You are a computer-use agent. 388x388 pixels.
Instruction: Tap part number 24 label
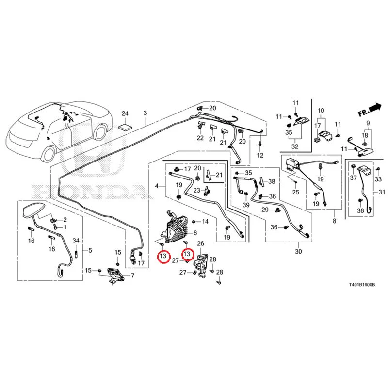point(125,113)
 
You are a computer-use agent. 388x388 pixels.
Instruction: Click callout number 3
point(145,113)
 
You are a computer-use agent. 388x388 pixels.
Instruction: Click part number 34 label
point(76,240)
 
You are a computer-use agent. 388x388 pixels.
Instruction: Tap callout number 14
point(205,221)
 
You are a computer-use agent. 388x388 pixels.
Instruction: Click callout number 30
point(298,251)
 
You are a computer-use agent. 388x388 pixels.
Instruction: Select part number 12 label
point(260,155)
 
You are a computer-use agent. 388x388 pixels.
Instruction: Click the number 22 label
point(200,138)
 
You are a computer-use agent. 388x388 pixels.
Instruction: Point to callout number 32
point(295,146)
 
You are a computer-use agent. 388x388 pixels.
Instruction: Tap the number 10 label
point(321,111)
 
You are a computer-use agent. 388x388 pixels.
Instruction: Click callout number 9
point(368,123)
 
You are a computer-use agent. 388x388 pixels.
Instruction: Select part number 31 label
point(382,192)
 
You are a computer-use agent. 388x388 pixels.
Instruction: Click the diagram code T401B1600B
point(362,285)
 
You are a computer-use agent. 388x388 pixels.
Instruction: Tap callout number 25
point(296,192)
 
